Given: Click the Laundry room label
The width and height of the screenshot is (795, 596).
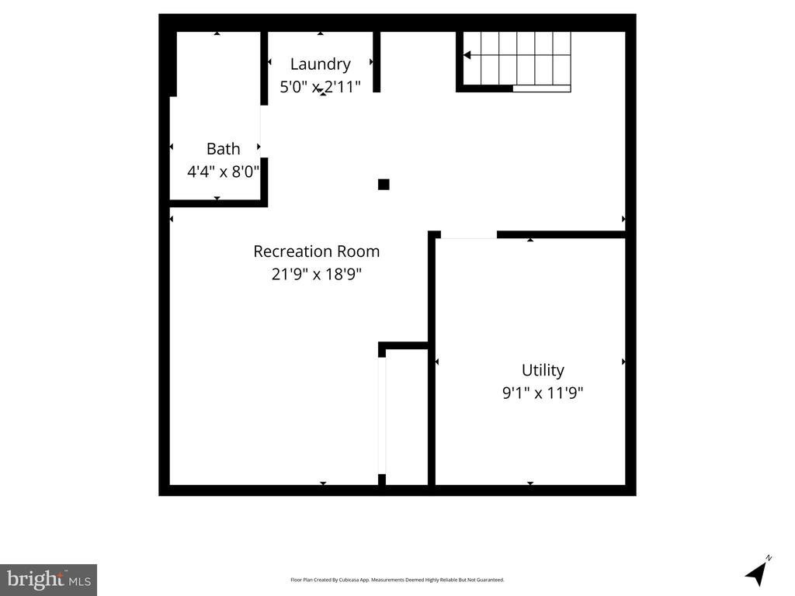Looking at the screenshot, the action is point(320,64).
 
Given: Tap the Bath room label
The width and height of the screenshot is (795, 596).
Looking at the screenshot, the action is point(223,149).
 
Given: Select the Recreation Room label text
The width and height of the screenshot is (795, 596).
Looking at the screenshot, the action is point(317,251).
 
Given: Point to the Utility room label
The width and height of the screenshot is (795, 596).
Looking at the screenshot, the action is point(543,370).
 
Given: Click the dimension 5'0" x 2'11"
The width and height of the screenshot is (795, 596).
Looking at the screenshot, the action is point(320,87).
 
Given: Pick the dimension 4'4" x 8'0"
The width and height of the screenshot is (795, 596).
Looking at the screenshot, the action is point(223,172).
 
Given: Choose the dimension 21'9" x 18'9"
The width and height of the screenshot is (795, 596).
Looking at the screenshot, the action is point(317,274).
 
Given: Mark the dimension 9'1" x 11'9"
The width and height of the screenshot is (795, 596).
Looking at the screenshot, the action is point(543,393).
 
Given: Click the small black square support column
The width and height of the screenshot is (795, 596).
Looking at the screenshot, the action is point(384,185).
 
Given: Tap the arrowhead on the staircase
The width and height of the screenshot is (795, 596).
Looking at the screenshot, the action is point(467,55).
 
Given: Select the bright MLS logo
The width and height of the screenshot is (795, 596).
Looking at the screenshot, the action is point(49,580).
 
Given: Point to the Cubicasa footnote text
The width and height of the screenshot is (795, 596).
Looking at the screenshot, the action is point(397,580).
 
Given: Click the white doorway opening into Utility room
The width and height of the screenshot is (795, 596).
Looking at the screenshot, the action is point(468,235).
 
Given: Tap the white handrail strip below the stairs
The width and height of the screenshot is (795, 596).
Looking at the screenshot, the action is point(541,88).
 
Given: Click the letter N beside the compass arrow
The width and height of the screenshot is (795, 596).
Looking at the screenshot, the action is point(769,558).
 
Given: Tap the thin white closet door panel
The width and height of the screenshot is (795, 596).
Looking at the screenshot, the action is point(382,416).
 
